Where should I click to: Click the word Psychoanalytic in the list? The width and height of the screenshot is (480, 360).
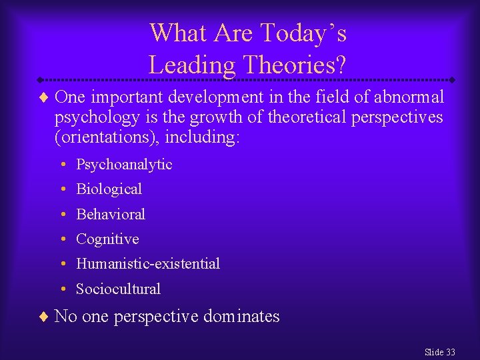[x=124, y=165]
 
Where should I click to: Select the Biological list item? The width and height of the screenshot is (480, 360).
[x=109, y=189]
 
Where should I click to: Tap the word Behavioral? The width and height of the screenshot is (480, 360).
[x=111, y=214]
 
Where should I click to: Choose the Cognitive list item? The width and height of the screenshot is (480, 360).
[x=107, y=239]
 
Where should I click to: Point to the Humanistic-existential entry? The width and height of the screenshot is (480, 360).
[x=148, y=264]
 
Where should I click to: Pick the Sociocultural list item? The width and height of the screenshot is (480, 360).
[x=118, y=289]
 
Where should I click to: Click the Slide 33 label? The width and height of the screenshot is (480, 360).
[x=439, y=352]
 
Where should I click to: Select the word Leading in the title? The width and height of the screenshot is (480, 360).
[x=192, y=65]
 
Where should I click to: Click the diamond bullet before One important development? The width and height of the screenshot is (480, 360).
[x=43, y=98]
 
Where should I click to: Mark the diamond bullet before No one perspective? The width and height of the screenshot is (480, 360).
[x=43, y=317]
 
